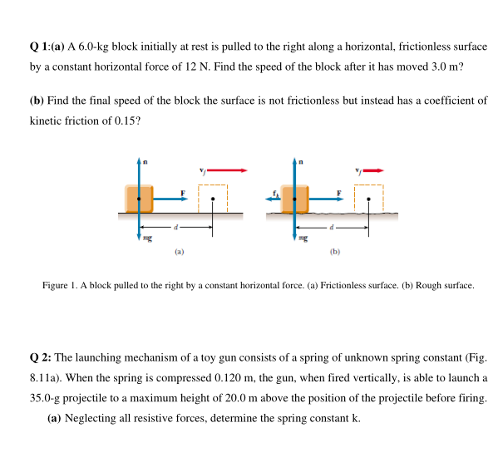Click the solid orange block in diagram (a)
point(139,199)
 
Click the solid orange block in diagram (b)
point(295,199)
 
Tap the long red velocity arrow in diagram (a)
point(227,170)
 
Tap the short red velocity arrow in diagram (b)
point(373,170)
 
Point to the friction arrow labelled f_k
point(274,199)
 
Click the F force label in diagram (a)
point(183,193)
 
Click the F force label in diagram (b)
point(339,193)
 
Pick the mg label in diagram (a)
point(147,238)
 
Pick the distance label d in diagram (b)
point(332,227)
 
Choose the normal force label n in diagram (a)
point(145,162)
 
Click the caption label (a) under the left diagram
point(179,252)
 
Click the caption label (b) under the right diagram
point(335,252)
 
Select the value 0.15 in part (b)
point(126,120)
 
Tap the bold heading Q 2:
point(41,357)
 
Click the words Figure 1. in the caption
point(60,285)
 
